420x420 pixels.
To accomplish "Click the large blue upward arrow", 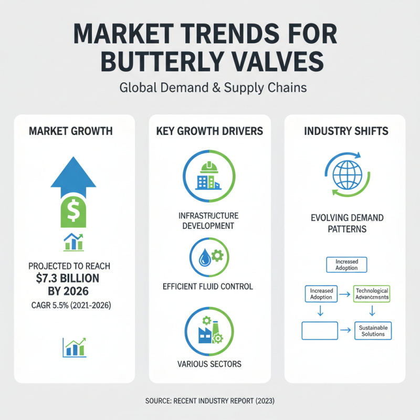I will click(73, 171).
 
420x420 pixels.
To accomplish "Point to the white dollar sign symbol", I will click(73, 210).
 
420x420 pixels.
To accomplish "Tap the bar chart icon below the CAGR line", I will click(73, 346).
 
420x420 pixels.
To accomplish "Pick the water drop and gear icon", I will click(209, 257).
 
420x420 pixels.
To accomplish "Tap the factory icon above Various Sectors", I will click(209, 331).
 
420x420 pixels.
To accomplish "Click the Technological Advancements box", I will click(371, 294).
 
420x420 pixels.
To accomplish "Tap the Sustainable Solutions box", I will click(373, 331).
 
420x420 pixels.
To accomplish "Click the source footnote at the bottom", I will click(209, 401).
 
